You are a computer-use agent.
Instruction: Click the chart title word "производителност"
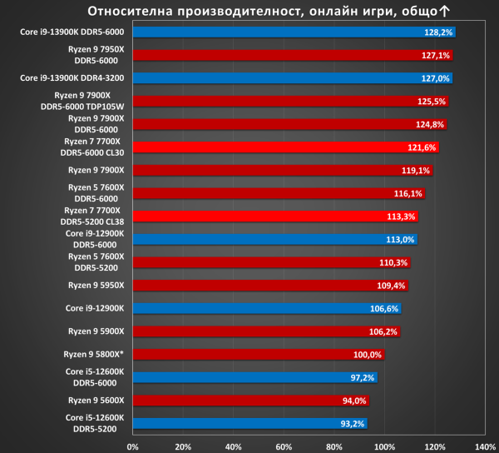coord(239,12)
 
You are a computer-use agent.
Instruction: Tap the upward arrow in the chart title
coord(444,11)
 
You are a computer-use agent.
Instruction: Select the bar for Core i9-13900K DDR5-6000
coord(294,32)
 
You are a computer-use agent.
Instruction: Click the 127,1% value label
coord(435,56)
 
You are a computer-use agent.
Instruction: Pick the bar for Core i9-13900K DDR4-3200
coord(293,78)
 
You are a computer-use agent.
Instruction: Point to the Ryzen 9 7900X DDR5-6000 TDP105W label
coord(82,101)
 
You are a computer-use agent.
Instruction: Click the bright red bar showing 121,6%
coord(286,147)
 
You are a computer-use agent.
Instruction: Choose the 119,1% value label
coord(415,171)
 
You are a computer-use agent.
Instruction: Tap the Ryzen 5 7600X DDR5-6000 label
coord(96,193)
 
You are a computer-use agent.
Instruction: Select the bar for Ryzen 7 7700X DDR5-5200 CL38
coord(275,217)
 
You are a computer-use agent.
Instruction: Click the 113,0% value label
coord(400,240)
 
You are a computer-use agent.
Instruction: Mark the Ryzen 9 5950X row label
coord(96,286)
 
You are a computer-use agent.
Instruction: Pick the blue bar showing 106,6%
coord(267,308)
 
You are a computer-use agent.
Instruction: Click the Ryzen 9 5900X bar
coord(266,331)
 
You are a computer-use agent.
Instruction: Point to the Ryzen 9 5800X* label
coord(93,354)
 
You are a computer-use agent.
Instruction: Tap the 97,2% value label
coord(362,378)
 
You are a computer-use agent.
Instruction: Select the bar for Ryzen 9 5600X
coord(251,401)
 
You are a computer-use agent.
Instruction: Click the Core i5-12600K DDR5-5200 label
coord(95,423)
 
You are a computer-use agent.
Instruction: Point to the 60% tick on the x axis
coord(284,447)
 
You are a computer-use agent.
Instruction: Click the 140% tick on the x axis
coord(486,447)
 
